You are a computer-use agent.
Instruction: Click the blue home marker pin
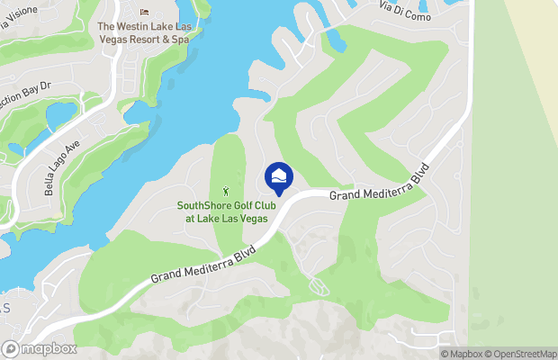(279, 176)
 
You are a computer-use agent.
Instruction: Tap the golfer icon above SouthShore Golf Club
(227, 190)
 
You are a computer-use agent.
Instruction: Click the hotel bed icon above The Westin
(145, 13)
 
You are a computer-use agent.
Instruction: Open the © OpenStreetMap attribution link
(519, 354)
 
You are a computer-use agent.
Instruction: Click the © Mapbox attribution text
(462, 354)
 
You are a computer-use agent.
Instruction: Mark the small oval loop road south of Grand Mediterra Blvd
(318, 285)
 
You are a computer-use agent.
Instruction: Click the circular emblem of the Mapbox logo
(11, 349)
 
